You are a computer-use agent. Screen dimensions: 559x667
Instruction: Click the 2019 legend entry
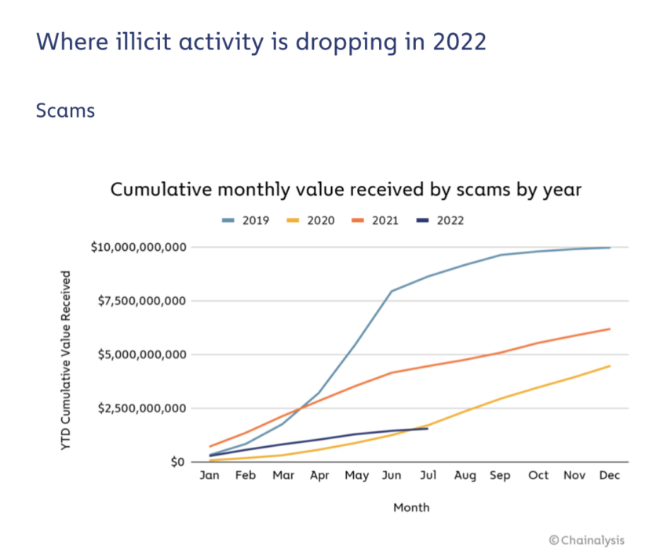point(246,220)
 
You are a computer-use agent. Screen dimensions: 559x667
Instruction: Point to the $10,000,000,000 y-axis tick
point(139,248)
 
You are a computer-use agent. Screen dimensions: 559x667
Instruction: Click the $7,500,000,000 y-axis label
point(143,301)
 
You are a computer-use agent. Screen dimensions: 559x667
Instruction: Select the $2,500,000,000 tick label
point(143,408)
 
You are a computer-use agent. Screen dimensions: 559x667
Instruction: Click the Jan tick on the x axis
point(210,476)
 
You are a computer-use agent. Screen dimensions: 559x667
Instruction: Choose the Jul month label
point(428,476)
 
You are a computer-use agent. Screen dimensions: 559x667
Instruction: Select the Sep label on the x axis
point(500,476)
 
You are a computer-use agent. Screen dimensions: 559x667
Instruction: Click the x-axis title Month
point(411,507)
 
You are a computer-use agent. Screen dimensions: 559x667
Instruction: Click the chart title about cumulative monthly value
point(344,190)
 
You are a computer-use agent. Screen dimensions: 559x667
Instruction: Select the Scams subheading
point(65,111)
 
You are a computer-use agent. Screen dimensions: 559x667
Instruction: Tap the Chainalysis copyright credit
point(587,539)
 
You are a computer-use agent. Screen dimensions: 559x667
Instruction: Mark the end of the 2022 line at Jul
point(428,428)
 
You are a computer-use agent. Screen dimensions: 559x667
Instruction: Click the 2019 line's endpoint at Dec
point(610,248)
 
